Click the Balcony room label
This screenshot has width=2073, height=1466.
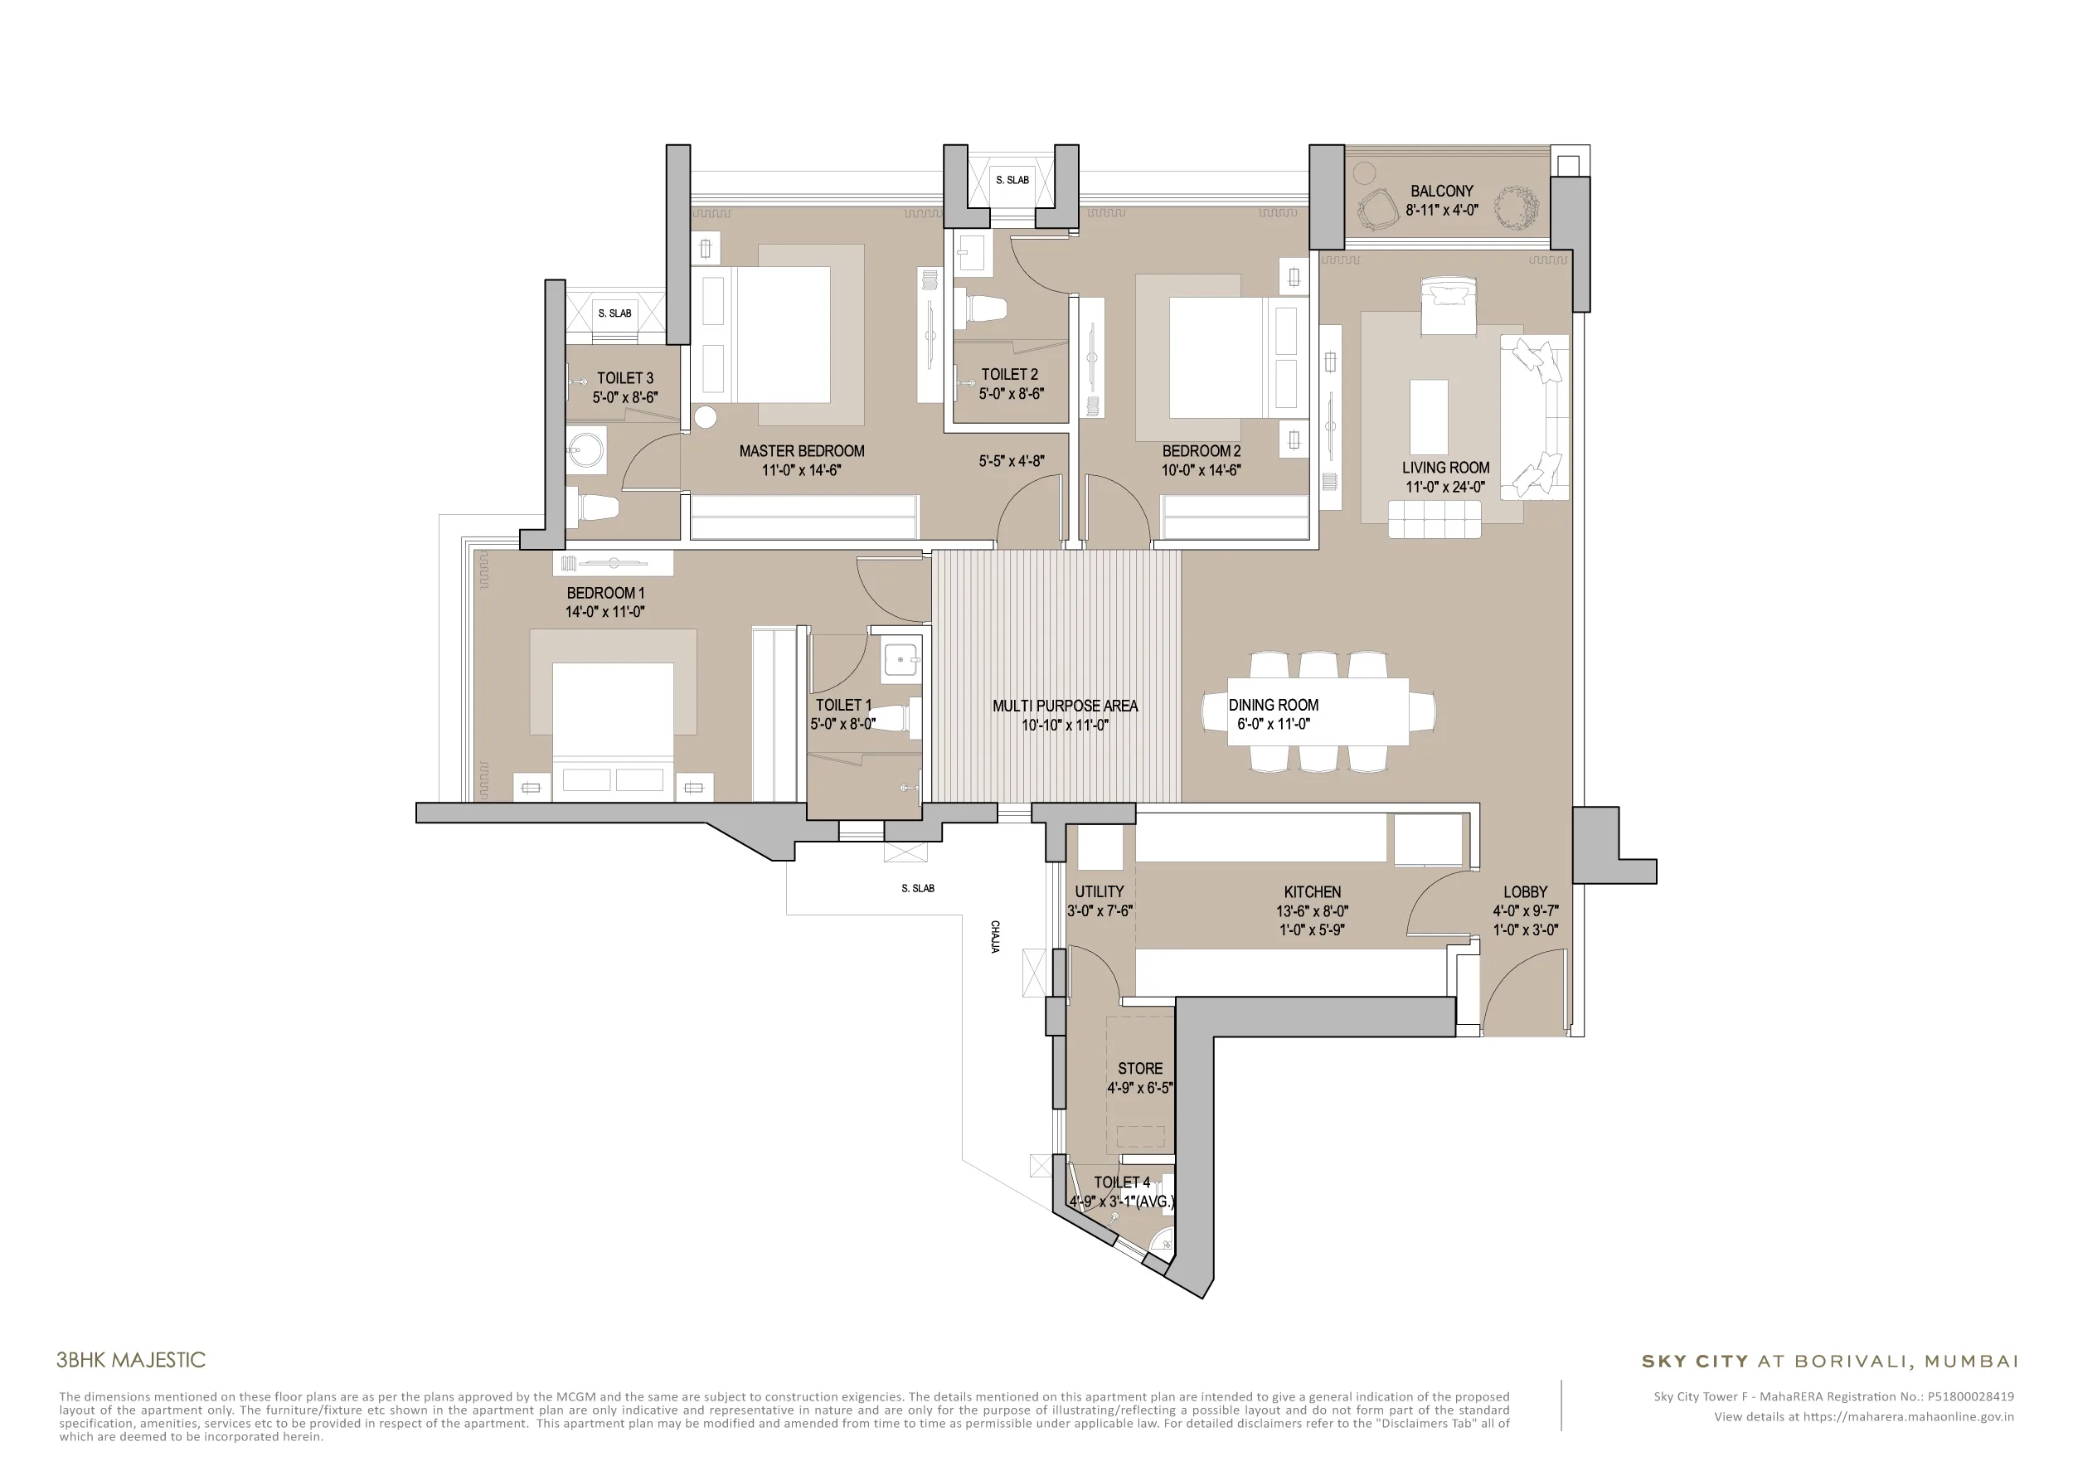coord(1441,192)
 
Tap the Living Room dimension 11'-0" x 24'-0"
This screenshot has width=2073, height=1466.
coord(1444,488)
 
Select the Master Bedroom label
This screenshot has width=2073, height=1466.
coord(802,451)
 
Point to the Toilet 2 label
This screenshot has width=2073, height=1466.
coord(1009,375)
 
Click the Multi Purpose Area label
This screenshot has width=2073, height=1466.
coord(1066,706)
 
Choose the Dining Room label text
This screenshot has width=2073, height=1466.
coord(1273,705)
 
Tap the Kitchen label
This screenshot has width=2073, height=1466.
coord(1312,892)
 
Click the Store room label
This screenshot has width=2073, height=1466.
coord(1140,1069)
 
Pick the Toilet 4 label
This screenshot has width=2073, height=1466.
coord(1122,1182)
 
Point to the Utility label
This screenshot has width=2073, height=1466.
coord(1099,892)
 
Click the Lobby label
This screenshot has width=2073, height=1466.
coord(1525,892)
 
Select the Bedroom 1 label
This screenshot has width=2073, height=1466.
coord(605,593)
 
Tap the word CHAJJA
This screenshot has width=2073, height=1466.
coord(995,937)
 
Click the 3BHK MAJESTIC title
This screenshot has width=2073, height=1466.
coord(131,1361)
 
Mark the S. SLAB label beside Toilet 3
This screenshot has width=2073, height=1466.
coord(615,313)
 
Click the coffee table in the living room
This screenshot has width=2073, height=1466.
coord(1429,417)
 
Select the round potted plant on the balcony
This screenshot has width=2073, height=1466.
coord(1515,208)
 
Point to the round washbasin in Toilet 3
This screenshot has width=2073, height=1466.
coord(588,449)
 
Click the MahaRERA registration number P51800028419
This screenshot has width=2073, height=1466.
coord(1970,1396)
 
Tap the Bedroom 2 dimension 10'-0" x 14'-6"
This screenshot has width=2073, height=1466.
coord(1201,470)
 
